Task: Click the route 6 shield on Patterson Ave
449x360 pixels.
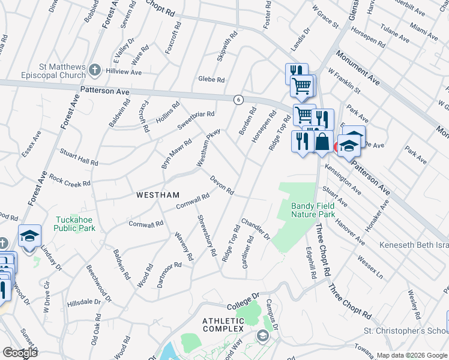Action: (x=238, y=99)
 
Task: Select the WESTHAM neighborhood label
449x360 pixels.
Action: (x=158, y=195)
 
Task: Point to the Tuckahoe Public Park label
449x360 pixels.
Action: (x=74, y=224)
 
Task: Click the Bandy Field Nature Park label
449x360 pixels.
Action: (x=313, y=210)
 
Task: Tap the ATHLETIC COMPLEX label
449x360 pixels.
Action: (x=223, y=325)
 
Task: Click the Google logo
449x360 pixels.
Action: (x=19, y=353)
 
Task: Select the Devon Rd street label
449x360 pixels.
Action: (x=221, y=185)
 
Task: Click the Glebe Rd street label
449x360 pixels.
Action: (x=211, y=79)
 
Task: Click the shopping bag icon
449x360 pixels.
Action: (x=322, y=142)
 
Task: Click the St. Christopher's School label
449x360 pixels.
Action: (x=406, y=331)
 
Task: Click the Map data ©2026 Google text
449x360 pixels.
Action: (x=412, y=355)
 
